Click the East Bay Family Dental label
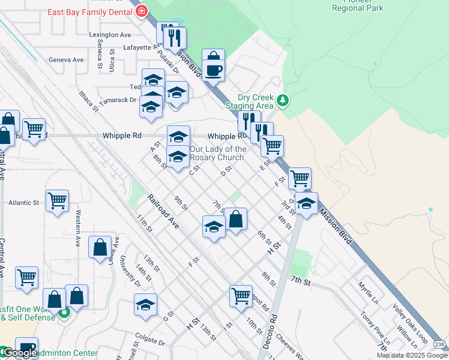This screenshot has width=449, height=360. click(x=90, y=11)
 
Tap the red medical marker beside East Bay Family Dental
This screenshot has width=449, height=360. click(x=142, y=11)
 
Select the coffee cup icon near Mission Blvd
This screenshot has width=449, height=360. click(x=213, y=71)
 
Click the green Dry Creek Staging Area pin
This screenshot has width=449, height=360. click(x=283, y=100)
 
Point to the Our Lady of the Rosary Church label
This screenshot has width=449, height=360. click(x=217, y=153)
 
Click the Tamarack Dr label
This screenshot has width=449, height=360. click(x=118, y=100)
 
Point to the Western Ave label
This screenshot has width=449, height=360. click(x=78, y=229)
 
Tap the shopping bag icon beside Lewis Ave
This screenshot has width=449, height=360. click(x=100, y=247)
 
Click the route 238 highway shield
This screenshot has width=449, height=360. click(x=439, y=342)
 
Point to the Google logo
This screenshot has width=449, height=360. click(x=20, y=353)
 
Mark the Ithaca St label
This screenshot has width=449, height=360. click(x=88, y=101)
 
